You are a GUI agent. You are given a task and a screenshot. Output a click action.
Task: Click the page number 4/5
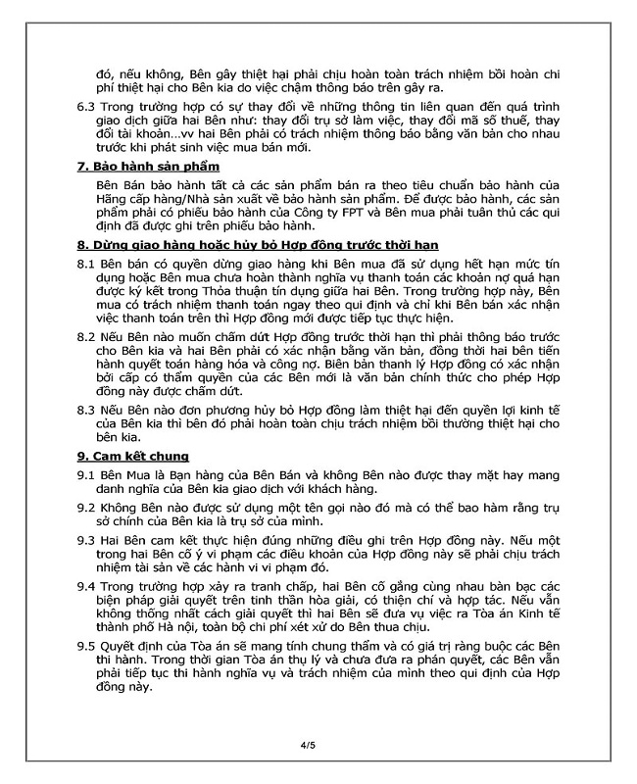coord(308,746)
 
